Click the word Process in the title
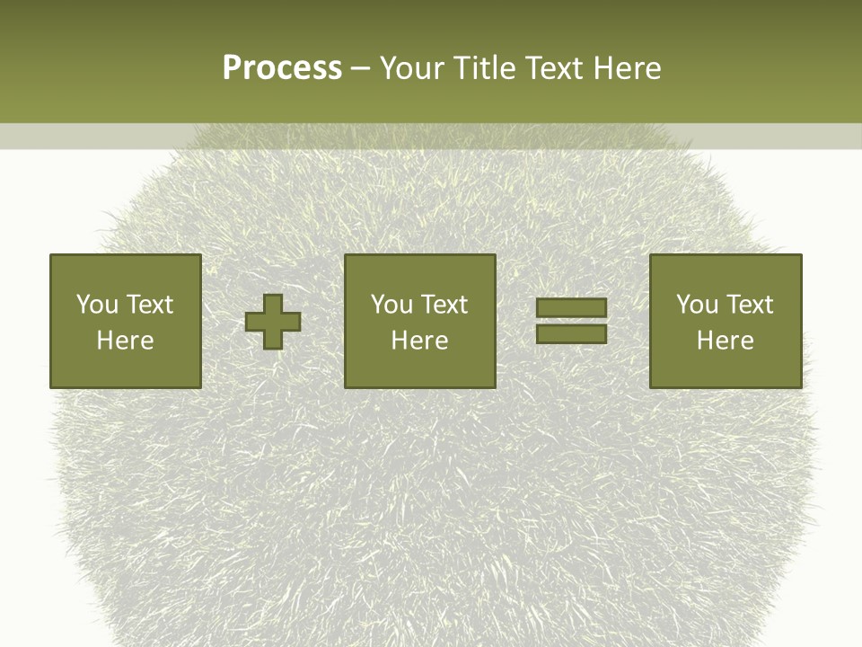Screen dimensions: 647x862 pyautogui.click(x=282, y=68)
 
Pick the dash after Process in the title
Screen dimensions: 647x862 pyautogui.click(x=361, y=69)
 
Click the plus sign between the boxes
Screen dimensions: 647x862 pyautogui.click(x=273, y=322)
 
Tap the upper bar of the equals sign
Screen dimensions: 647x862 pyautogui.click(x=571, y=308)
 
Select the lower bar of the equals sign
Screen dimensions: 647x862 pyautogui.click(x=571, y=333)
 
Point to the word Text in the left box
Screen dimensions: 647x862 pyautogui.click(x=149, y=305)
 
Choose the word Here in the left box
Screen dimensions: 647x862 pyautogui.click(x=125, y=341)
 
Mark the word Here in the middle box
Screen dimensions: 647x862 pyautogui.click(x=419, y=341)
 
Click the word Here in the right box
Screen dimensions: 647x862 pyautogui.click(x=725, y=341)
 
